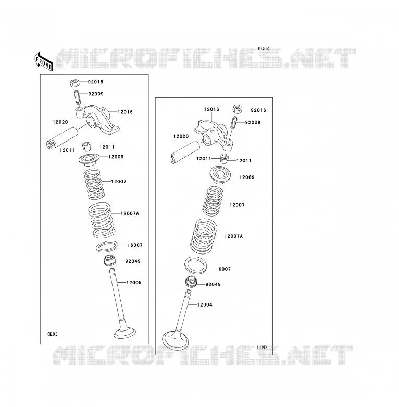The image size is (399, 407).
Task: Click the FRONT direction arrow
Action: click(x=43, y=62)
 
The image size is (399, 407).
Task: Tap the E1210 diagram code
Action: click(x=264, y=49)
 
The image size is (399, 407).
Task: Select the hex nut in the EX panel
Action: click(x=74, y=83)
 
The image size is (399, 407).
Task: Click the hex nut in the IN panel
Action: click(x=237, y=109)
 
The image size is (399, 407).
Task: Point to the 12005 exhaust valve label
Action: click(x=134, y=283)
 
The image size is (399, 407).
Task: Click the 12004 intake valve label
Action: click(x=205, y=305)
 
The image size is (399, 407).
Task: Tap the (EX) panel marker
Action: click(x=52, y=334)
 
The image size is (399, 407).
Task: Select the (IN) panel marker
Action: click(x=262, y=347)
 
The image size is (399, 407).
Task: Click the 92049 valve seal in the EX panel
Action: click(x=109, y=261)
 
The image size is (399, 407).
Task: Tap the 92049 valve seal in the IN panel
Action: click(x=192, y=282)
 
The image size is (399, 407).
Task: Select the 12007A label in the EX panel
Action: click(x=130, y=213)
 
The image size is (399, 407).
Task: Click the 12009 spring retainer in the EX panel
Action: click(x=90, y=160)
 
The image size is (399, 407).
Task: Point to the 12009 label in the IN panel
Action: click(x=247, y=177)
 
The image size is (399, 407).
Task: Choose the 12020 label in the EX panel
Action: click(x=60, y=122)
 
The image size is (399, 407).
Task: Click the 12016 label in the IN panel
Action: click(x=211, y=109)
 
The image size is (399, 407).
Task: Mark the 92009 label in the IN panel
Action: click(x=253, y=122)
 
